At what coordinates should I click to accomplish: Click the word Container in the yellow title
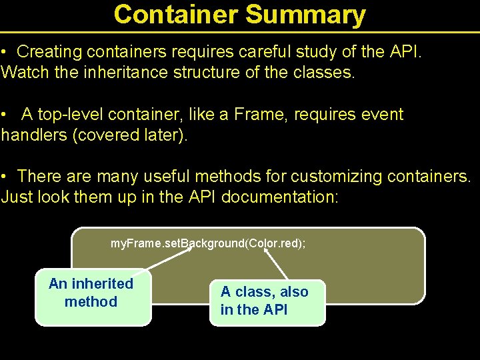pos(177,14)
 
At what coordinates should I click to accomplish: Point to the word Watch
pos(25,72)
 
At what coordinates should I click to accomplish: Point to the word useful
pos(153,177)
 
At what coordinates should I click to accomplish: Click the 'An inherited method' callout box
pos(93,297)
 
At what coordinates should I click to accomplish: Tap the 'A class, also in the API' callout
pos(267,302)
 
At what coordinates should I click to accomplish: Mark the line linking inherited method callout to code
pos(160,261)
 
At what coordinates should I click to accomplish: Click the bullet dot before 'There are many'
pos(4,177)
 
